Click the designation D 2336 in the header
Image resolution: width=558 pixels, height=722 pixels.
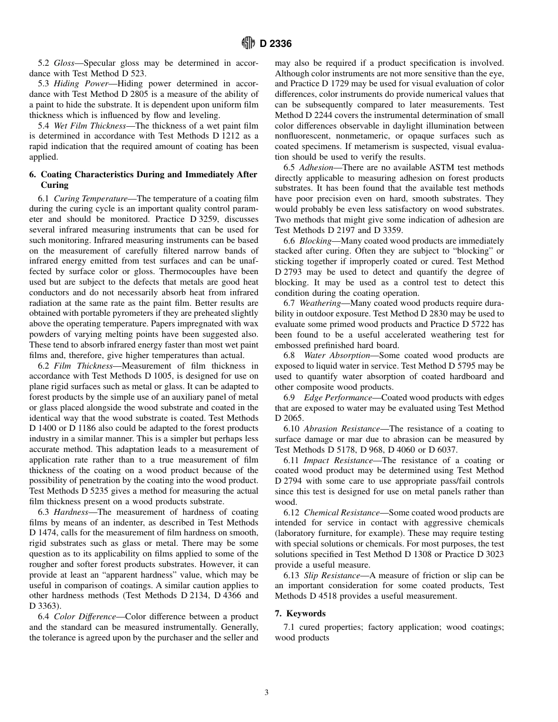[x=276, y=43]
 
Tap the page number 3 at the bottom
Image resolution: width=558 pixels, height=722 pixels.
[x=267, y=693]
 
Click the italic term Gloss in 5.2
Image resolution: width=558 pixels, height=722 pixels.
[x=64, y=63]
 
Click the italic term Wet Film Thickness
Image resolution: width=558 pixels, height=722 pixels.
[x=89, y=126]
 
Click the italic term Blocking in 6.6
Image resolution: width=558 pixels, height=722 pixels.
[x=315, y=241]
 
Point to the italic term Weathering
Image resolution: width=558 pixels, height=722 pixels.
[x=320, y=303]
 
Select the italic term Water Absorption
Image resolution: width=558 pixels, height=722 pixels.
[x=337, y=356]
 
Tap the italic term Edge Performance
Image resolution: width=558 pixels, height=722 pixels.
[x=338, y=397]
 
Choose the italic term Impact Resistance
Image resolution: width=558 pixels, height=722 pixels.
[x=338, y=460]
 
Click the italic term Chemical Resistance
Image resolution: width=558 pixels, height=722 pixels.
[x=342, y=512]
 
